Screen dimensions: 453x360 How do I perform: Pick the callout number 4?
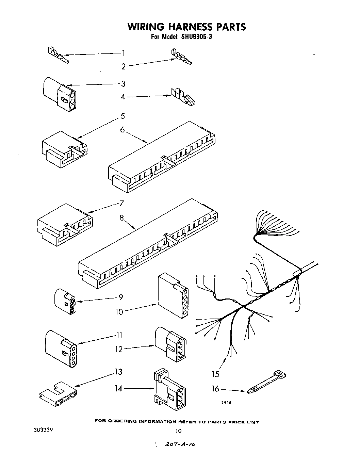pyautogui.click(x=123, y=97)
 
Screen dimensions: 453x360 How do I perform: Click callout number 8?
pyautogui.click(x=121, y=217)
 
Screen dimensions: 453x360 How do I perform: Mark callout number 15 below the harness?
pyautogui.click(x=215, y=374)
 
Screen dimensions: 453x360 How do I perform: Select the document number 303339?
pyautogui.click(x=43, y=430)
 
